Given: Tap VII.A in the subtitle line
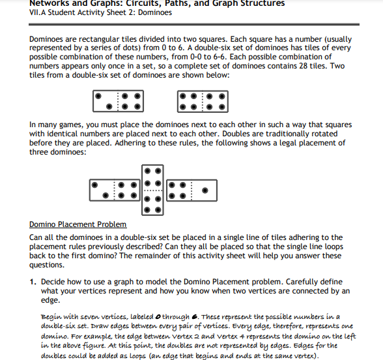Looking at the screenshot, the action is tap(37, 12).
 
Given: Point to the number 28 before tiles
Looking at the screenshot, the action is tap(303, 66).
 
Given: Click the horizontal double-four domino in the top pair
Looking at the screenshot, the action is tap(203, 102).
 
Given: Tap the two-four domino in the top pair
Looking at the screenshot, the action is tap(119, 101).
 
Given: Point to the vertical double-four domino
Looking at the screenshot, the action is tap(152, 190).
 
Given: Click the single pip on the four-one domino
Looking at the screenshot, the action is tap(205, 190).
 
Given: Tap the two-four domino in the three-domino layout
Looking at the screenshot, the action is tap(115, 190).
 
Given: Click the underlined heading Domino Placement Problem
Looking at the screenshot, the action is tap(78, 224).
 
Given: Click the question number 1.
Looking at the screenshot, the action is tap(33, 282).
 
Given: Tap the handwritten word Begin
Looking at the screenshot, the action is tap(51, 317).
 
